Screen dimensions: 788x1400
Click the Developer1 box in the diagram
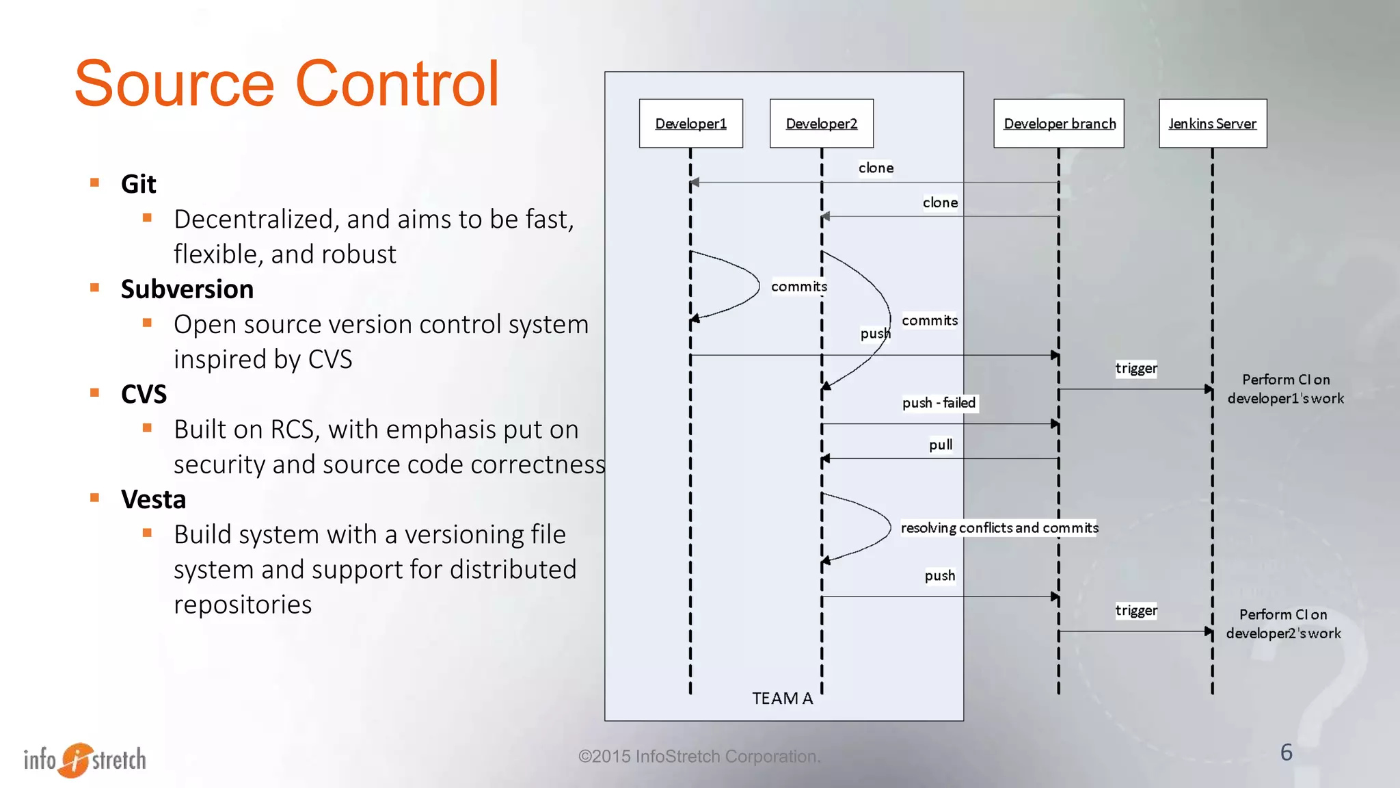pyautogui.click(x=690, y=123)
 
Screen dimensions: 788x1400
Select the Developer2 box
pyautogui.click(x=821, y=123)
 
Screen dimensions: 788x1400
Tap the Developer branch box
pyautogui.click(x=1059, y=123)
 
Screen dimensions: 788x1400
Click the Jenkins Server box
pyautogui.click(x=1212, y=123)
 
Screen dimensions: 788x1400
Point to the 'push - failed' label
pyautogui.click(x=939, y=403)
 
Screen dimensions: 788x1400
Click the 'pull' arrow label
pyautogui.click(x=941, y=445)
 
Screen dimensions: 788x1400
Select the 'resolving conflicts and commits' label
pyautogui.click(x=999, y=527)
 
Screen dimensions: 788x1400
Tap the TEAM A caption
pyautogui.click(x=782, y=698)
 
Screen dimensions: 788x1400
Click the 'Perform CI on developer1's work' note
pyautogui.click(x=1285, y=389)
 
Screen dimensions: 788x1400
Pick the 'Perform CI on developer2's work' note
pyautogui.click(x=1283, y=624)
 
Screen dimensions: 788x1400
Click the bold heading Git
pyautogui.click(x=139, y=184)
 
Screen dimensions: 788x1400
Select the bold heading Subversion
pyautogui.click(x=187, y=289)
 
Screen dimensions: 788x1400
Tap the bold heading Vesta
pyautogui.click(x=153, y=499)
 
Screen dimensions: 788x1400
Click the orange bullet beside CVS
pyautogui.click(x=95, y=393)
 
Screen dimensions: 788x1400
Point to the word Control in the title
pyautogui.click(x=397, y=83)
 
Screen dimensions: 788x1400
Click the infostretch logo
pyautogui.click(x=85, y=759)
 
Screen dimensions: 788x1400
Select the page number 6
pyautogui.click(x=1286, y=752)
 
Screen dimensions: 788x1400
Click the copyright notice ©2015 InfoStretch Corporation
pyautogui.click(x=699, y=757)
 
